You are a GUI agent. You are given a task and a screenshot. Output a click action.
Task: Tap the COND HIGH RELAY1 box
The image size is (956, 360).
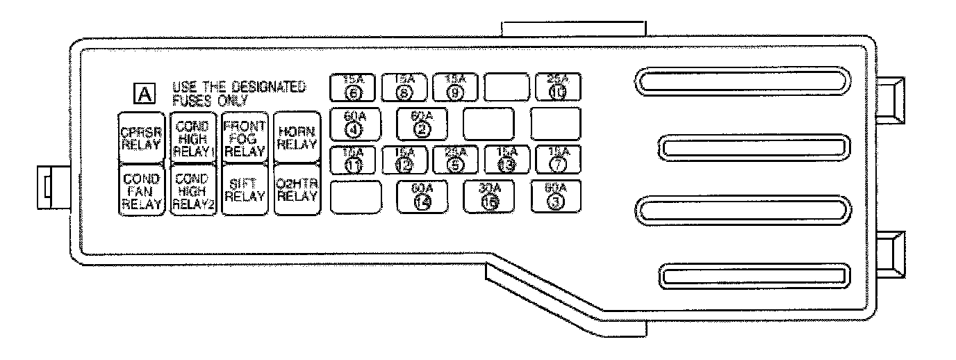[193, 137]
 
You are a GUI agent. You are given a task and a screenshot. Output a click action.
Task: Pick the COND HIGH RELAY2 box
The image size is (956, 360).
[193, 190]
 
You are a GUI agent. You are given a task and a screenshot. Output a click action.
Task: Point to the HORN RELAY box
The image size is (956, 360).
[296, 137]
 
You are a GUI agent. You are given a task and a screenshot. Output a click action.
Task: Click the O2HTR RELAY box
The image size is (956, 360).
[296, 190]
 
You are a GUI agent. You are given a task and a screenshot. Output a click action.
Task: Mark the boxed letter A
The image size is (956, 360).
[144, 93]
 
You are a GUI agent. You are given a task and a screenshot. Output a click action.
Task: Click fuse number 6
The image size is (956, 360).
[352, 88]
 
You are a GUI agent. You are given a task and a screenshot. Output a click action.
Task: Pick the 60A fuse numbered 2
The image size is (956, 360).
[422, 124]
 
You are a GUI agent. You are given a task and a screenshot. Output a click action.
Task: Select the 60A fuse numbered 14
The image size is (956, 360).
[422, 197]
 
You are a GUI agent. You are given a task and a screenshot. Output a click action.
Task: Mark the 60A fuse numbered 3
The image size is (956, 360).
[557, 197]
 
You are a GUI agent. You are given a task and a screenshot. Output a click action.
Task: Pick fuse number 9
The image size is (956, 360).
[455, 88]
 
